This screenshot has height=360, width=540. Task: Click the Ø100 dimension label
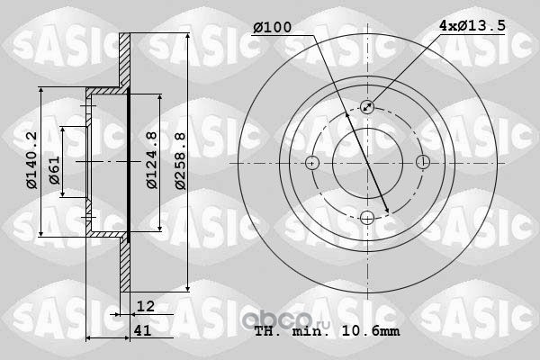point(272,27)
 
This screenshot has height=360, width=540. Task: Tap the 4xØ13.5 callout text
point(472,25)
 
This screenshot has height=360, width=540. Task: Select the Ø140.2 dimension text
point(31,160)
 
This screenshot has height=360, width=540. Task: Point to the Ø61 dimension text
point(54,170)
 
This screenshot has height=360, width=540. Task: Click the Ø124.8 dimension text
point(152,160)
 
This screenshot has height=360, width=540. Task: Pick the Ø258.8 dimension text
point(180,161)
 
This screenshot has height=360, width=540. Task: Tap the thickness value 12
point(146,306)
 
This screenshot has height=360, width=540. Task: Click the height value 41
point(142,330)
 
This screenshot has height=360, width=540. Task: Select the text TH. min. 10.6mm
point(328,331)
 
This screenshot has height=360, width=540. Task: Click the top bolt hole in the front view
point(367,107)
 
